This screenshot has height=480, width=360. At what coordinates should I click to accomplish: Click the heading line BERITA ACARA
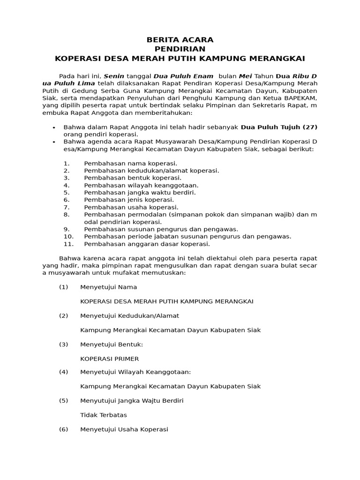(x=180, y=40)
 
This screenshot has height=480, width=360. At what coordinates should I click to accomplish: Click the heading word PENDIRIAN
(x=180, y=49)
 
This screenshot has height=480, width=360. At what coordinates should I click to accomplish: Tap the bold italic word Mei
(x=246, y=76)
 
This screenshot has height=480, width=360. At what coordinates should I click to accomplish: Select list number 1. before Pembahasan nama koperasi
(x=67, y=163)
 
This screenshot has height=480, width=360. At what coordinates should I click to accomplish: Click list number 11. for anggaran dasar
(x=68, y=244)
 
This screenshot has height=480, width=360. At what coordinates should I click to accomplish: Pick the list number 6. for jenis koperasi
(x=67, y=200)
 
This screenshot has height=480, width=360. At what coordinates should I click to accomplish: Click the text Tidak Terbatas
(x=104, y=415)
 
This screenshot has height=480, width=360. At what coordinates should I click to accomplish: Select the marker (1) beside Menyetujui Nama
(x=64, y=287)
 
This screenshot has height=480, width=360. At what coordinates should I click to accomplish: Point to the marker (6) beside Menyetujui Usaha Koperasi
(x=64, y=429)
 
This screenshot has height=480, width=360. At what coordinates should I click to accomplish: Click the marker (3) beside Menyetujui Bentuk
(x=64, y=344)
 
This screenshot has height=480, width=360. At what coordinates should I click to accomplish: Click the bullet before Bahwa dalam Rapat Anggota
(x=54, y=127)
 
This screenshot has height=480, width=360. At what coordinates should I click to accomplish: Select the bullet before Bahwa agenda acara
(x=54, y=142)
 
